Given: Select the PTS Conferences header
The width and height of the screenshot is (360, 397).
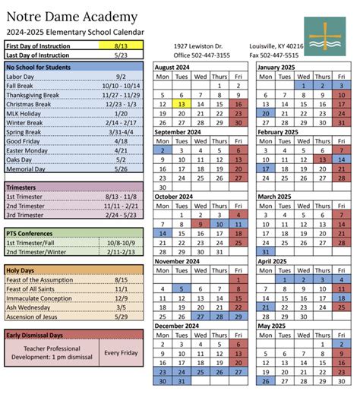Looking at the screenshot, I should tap(30, 232).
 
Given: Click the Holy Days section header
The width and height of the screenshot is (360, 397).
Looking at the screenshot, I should tap(22, 269).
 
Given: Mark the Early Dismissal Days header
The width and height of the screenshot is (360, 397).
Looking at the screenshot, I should tap(38, 335).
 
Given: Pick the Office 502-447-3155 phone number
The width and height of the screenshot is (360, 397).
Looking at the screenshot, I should tap(201, 55).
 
